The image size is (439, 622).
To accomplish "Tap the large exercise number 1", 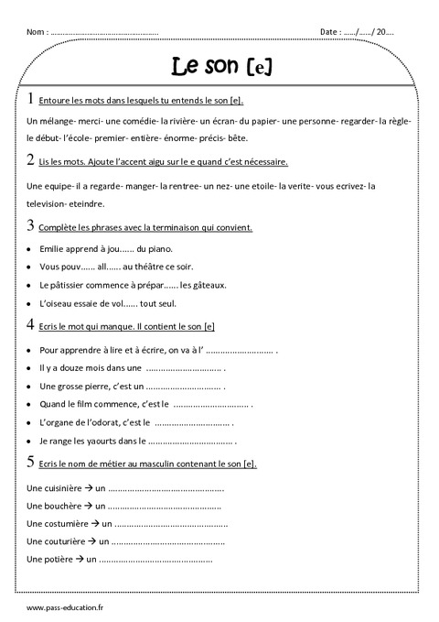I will click(32, 99).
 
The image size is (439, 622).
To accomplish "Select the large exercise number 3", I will click(32, 225).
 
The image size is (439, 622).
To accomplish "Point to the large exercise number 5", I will click(32, 463).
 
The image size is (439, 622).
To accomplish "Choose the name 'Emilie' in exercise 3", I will click(54, 248).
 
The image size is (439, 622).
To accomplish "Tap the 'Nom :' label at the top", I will click(37, 31).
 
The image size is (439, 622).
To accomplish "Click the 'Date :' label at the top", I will click(330, 31).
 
